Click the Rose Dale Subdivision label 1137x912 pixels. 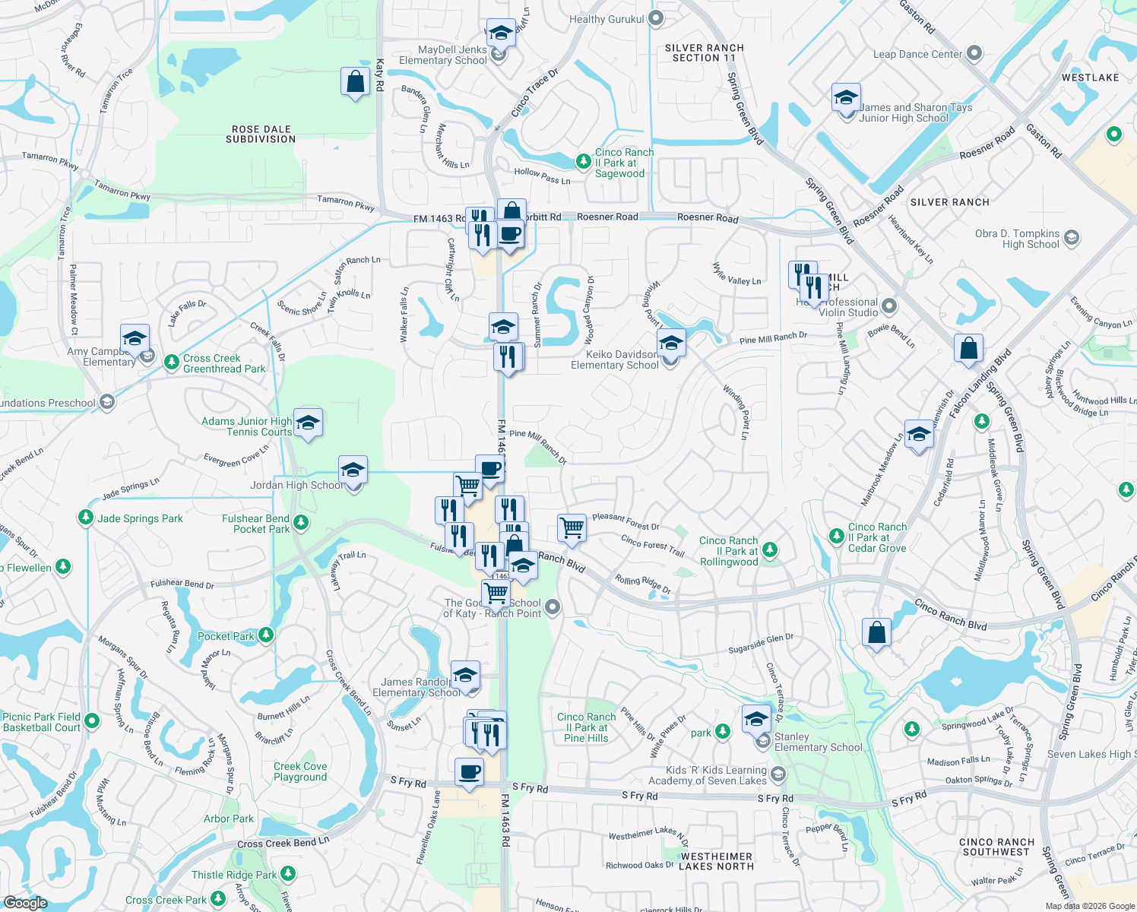pyautogui.click(x=261, y=135)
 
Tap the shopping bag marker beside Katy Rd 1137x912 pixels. pyautogui.click(x=355, y=81)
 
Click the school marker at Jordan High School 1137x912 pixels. pyautogui.click(x=353, y=471)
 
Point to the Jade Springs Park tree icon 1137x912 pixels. pyautogui.click(x=86, y=518)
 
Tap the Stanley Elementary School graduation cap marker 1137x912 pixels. pyautogui.click(x=756, y=719)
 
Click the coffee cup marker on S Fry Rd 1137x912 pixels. pyautogui.click(x=469, y=772)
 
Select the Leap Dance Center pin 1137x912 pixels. pyautogui.click(x=975, y=54)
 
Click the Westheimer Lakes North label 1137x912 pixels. pyautogui.click(x=716, y=861)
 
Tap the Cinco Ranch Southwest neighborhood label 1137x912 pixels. pyautogui.click(x=996, y=847)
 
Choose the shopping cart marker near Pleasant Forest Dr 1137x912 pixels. pyautogui.click(x=572, y=527)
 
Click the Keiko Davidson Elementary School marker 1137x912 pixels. pyautogui.click(x=671, y=344)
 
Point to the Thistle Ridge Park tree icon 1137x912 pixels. pyautogui.click(x=287, y=874)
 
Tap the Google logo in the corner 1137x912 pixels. pyautogui.click(x=25, y=902)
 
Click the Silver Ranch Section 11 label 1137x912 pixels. pyautogui.click(x=704, y=52)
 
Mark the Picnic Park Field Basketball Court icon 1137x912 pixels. pyautogui.click(x=92, y=720)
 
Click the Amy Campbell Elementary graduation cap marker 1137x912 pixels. pyautogui.click(x=135, y=338)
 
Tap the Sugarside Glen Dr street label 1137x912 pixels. pyautogui.click(x=760, y=644)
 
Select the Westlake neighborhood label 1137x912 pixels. pyautogui.click(x=1090, y=78)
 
